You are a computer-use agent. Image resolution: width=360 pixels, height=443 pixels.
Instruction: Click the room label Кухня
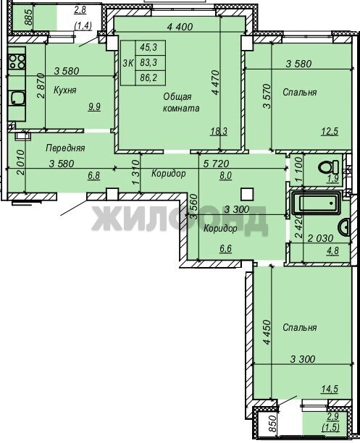pos(64,90)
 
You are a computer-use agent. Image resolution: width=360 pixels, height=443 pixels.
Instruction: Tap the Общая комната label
pos(181,102)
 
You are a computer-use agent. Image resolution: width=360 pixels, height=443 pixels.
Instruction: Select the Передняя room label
pos(65,148)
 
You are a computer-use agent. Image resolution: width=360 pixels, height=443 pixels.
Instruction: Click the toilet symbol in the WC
pos(328,167)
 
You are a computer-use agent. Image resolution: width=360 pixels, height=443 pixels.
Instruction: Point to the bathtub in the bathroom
pos(317,203)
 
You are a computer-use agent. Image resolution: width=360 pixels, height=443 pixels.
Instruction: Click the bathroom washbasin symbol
pos(344,227)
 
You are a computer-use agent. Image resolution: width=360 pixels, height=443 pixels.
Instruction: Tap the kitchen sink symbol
pos(17,98)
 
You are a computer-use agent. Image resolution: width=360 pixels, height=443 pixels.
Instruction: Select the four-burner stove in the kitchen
pos(17,62)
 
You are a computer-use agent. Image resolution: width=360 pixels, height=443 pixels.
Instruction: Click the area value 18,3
pos(219,131)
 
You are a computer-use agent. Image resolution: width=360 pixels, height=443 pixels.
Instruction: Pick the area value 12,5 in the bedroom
pos(330,131)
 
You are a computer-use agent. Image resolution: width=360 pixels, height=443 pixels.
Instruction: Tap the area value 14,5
pos(330,389)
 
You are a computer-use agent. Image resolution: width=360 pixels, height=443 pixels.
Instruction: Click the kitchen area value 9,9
pos(94,107)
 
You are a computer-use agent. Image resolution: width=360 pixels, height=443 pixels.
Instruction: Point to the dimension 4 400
pos(180,27)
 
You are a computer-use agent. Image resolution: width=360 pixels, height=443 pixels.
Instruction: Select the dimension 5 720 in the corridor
pos(216,164)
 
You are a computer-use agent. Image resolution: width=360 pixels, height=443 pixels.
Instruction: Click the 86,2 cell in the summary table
pos(148,77)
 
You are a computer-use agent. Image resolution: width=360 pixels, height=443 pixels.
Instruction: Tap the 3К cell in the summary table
pos(128,63)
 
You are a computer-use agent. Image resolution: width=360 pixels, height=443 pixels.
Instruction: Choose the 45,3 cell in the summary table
pos(148,48)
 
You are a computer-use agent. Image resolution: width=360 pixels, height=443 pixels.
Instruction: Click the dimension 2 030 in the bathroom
pos(320,238)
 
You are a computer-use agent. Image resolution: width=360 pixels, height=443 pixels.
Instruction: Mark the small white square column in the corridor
pos(247,195)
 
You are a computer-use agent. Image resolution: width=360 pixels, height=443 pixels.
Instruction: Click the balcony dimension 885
pos(28,18)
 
